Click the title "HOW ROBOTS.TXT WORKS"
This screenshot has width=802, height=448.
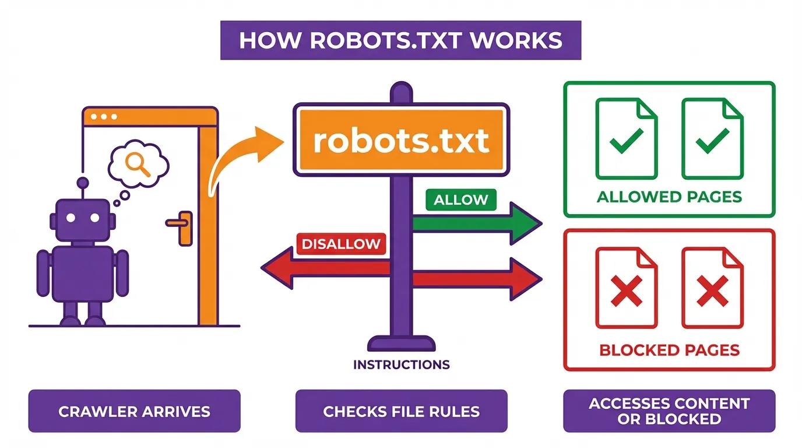pyautogui.click(x=400, y=40)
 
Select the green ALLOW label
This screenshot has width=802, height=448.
pyautogui.click(x=461, y=199)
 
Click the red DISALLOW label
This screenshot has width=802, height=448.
pyautogui.click(x=342, y=243)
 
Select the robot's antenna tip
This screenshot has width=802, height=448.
pyautogui.click(x=82, y=183)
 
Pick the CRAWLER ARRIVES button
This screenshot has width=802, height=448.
pyautogui.click(x=134, y=411)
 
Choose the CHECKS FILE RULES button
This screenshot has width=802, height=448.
pyautogui.click(x=401, y=411)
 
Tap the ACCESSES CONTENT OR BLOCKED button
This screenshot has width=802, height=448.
pyautogui.click(x=669, y=411)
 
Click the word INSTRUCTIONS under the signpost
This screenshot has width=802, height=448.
pyautogui.click(x=401, y=365)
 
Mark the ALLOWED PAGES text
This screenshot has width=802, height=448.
pyautogui.click(x=669, y=197)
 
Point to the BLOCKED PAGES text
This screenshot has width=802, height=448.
pyautogui.click(x=669, y=350)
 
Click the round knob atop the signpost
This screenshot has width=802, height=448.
pyautogui.click(x=400, y=93)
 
